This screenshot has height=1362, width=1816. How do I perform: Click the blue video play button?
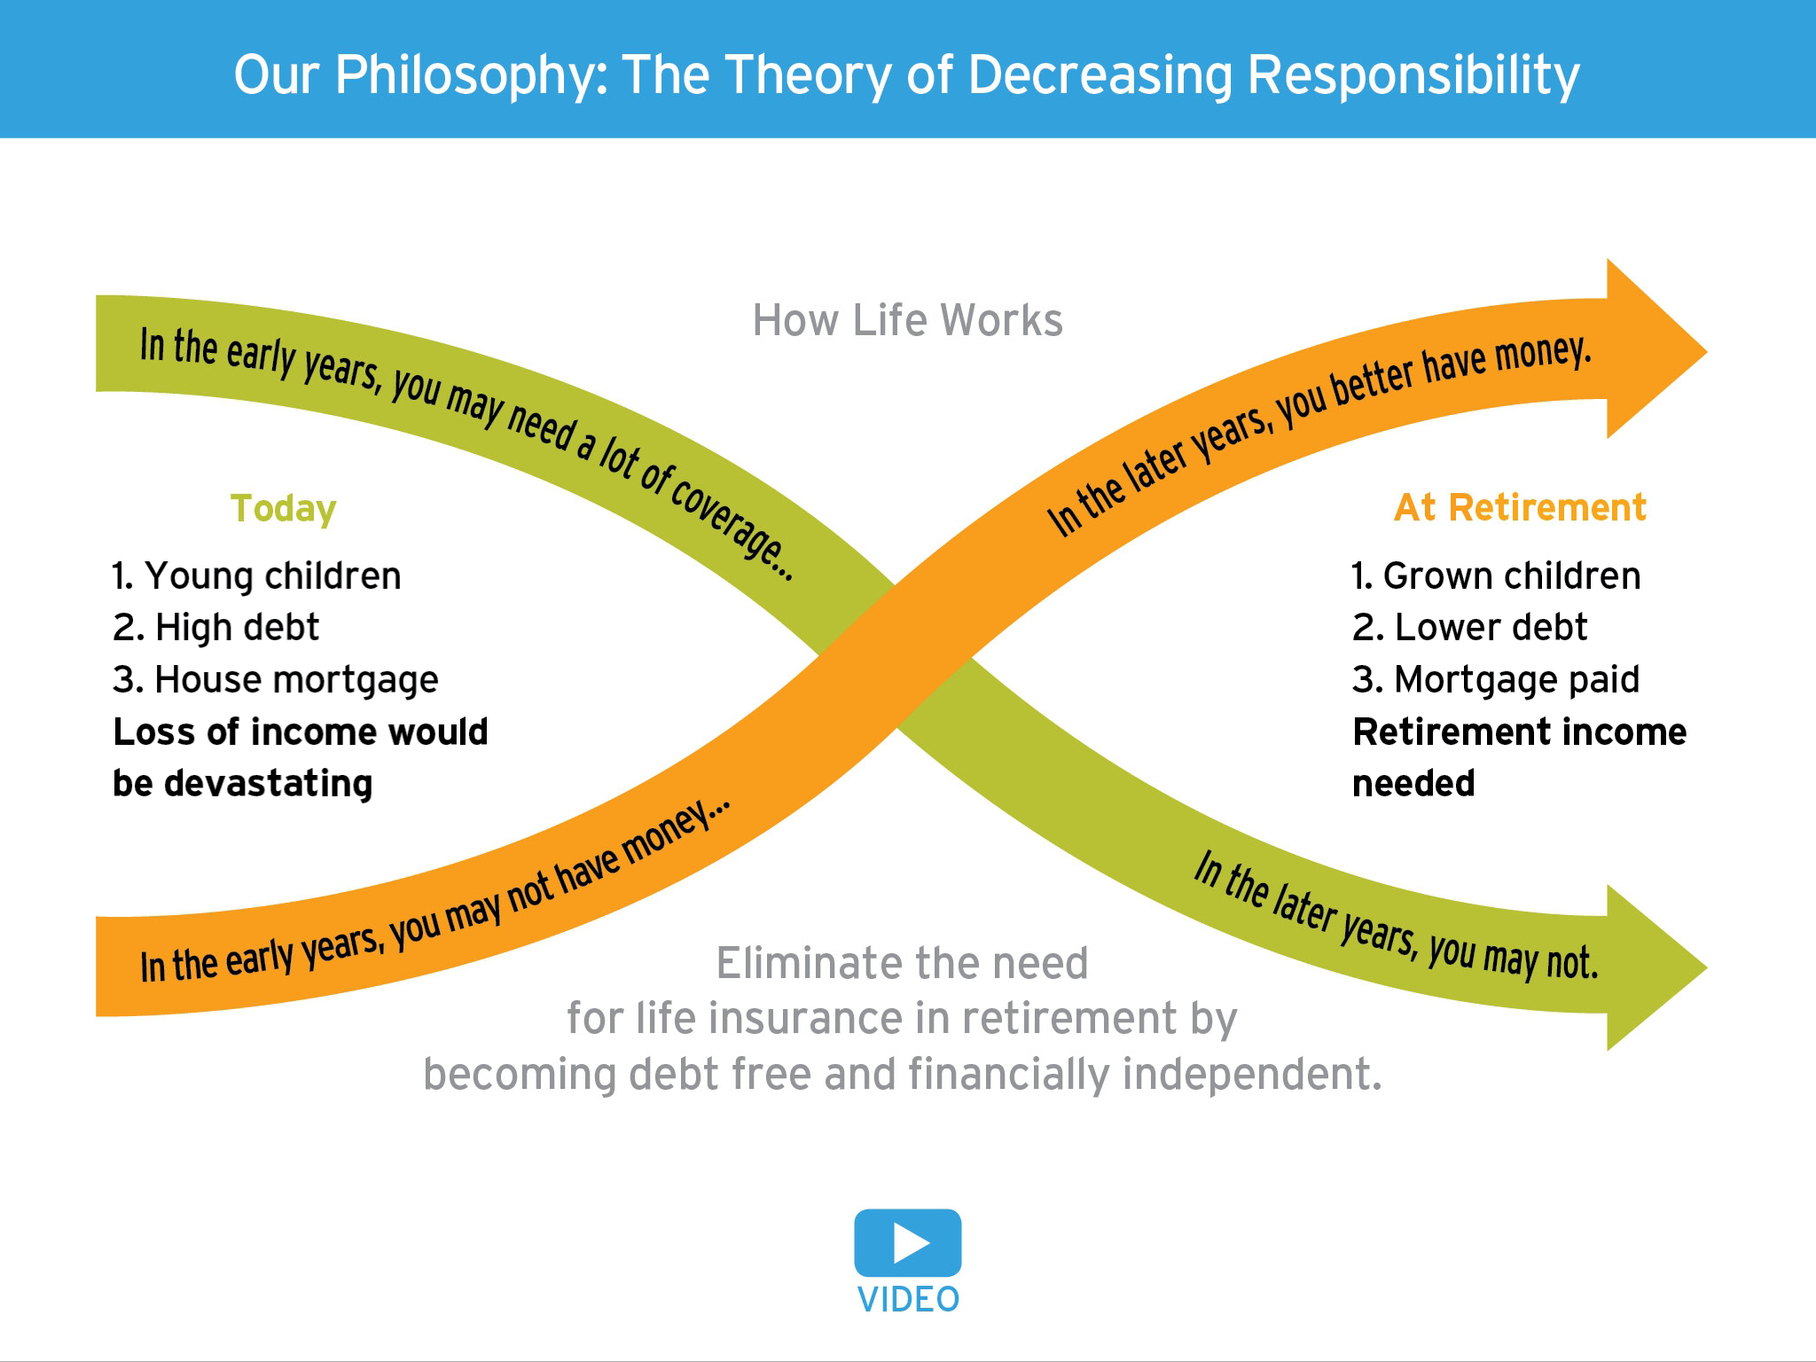907,1242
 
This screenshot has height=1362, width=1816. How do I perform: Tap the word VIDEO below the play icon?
908,1300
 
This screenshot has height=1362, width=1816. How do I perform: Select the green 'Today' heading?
283,509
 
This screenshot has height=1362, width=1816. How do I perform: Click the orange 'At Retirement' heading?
1520,508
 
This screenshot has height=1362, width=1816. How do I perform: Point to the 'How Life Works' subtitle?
907,320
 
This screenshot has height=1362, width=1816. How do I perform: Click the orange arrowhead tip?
1707,351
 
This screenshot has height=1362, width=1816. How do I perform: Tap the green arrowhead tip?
1707,967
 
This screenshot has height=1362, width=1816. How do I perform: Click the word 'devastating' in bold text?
269,784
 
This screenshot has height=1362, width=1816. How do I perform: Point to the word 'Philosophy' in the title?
474,75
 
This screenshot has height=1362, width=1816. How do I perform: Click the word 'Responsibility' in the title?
1413,75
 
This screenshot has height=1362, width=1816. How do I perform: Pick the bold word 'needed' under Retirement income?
1413,784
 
